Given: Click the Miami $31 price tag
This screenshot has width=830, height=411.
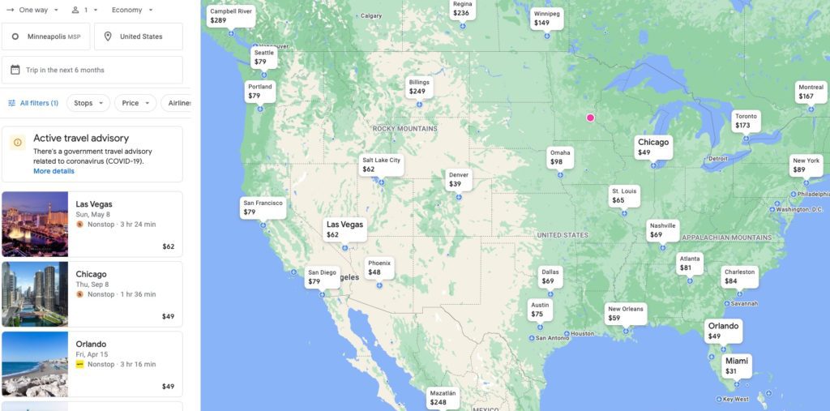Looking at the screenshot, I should pos(737,366).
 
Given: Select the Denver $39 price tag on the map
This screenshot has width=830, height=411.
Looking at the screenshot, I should pos(459,179).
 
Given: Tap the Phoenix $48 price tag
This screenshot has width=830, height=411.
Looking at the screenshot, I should pos(379,268).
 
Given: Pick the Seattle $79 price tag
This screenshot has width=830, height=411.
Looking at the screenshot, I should pos(263,57).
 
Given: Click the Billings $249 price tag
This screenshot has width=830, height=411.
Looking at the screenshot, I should pos(418,87).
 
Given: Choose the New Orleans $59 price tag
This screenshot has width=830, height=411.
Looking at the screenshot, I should pos(625,314).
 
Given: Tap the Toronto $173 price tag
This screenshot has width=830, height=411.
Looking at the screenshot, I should pos(746,121).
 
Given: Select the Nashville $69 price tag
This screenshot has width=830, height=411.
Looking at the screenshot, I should pos(662,230).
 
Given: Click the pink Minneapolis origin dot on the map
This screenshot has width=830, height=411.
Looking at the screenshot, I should pos(590,118).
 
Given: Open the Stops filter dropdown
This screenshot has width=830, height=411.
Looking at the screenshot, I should pos(88,103).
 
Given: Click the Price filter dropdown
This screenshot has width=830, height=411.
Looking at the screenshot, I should pos(135,103).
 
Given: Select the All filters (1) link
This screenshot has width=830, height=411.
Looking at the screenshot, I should pos(33,103).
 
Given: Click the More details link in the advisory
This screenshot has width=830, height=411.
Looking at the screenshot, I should pos(53,171).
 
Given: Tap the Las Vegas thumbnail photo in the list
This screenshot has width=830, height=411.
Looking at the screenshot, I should pos(35,224).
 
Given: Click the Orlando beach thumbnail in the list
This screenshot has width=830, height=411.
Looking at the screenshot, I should pos(35,364).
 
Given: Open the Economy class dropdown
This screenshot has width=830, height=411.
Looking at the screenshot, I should pos(132,10).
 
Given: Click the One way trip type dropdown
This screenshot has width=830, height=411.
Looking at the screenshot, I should pos(33,10).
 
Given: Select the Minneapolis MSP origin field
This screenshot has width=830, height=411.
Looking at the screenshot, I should pos(46,36).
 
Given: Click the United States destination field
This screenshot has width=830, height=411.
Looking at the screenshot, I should pos(139,36).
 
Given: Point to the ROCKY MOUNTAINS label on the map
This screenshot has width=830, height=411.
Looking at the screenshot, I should pos(404,129).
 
